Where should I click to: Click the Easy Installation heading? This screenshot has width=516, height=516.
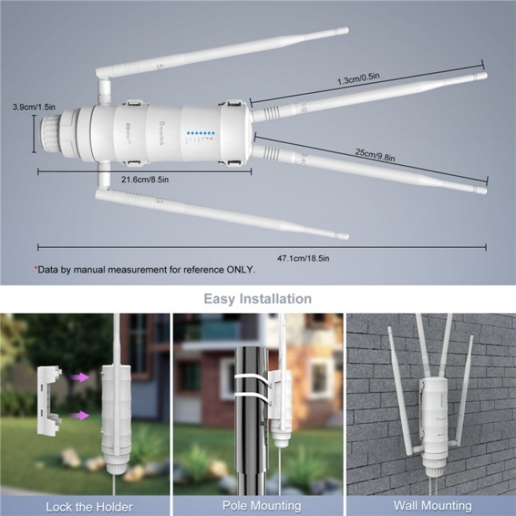click(x=257, y=299)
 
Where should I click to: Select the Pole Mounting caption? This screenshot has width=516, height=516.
click(x=257, y=506)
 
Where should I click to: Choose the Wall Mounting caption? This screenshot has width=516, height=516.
click(x=429, y=506)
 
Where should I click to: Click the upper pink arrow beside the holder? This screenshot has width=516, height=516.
click(x=80, y=377)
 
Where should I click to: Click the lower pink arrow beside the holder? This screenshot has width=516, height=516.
click(x=80, y=415)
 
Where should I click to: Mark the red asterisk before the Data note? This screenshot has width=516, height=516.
click(x=35, y=269)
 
